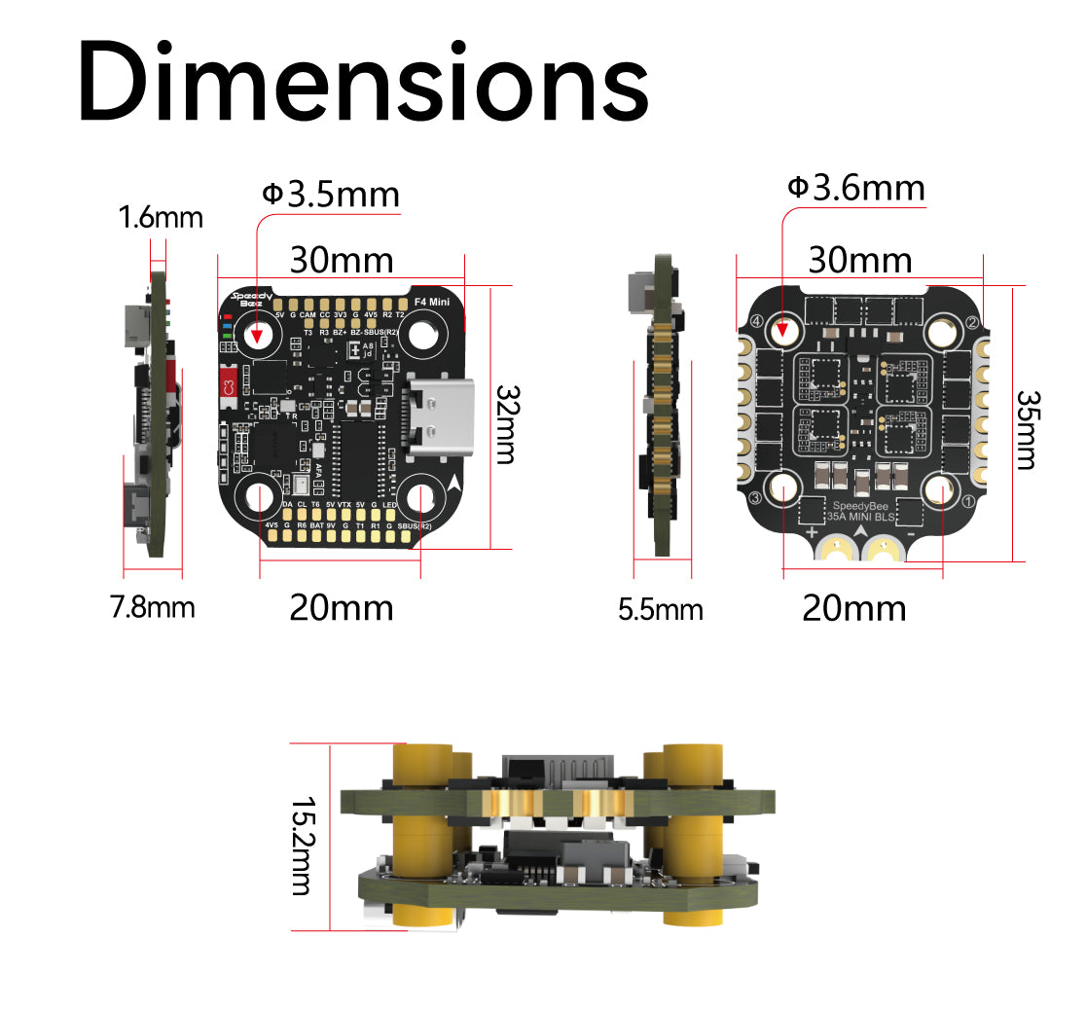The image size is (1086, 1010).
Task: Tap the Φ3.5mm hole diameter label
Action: pos(331,194)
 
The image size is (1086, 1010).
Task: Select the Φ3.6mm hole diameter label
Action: pos(855,187)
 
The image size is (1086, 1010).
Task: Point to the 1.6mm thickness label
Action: pos(161,217)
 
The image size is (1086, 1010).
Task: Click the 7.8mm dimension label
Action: pos(152,608)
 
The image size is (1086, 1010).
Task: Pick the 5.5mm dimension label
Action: pos(661,610)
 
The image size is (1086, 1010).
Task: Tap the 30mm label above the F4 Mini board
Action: pos(342,261)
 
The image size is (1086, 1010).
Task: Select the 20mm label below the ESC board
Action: pos(853,608)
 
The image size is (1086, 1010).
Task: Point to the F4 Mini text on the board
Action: pos(431,303)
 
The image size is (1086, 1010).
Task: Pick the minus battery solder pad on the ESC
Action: pos(885,555)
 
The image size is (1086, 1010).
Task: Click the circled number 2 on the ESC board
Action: pos(971,322)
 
